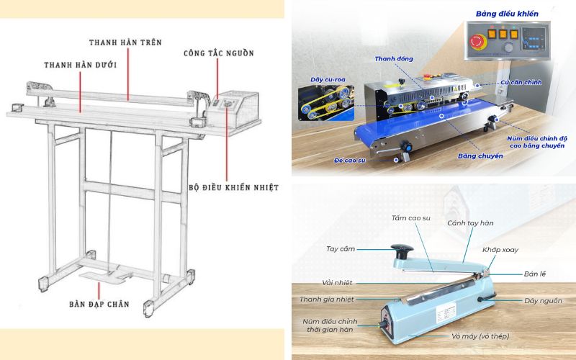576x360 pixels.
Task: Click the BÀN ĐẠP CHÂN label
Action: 99,304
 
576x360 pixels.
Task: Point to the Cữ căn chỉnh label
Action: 520,84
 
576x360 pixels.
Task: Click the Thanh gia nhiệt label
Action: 327,299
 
